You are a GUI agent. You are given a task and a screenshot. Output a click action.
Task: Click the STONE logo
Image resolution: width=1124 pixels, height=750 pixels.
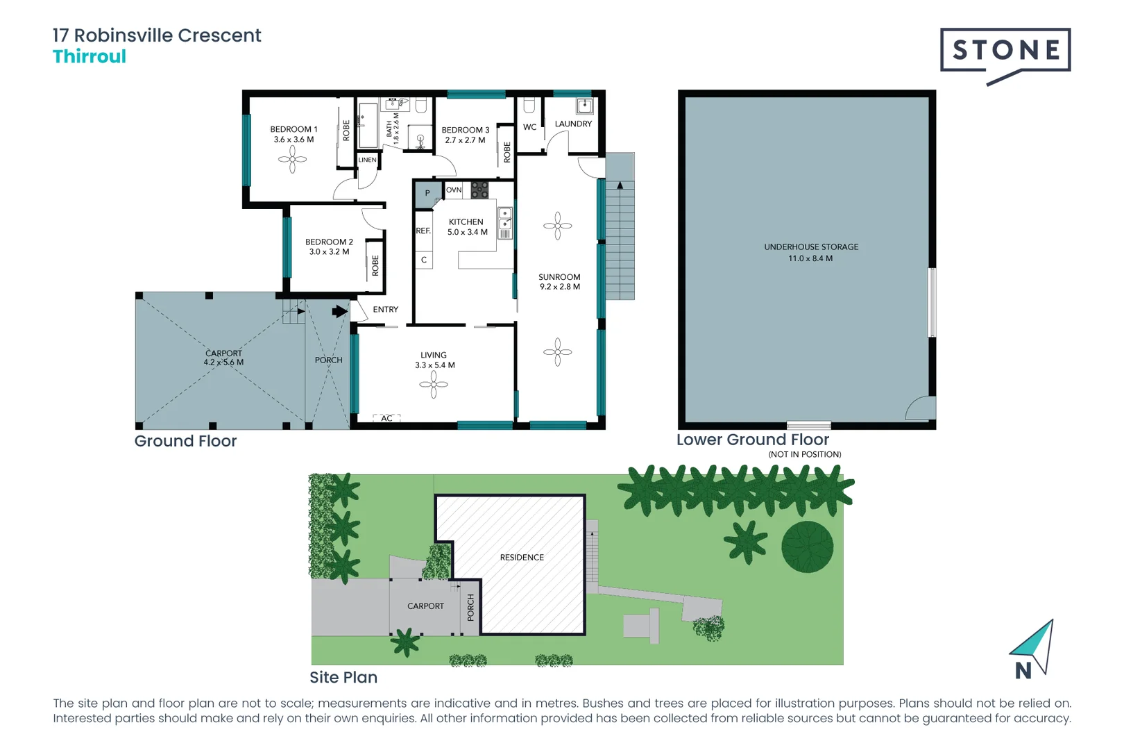coord(1005,51)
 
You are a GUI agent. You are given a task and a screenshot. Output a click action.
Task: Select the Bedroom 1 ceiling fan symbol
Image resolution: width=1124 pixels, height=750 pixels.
coord(292,160)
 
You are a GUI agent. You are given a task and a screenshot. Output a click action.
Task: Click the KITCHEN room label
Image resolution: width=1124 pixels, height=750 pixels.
coord(466,222)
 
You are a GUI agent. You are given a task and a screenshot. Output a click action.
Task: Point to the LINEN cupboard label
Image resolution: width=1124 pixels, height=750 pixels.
coord(367,160)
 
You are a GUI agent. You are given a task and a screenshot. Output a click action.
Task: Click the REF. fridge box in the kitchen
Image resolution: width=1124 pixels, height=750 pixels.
coord(423,231)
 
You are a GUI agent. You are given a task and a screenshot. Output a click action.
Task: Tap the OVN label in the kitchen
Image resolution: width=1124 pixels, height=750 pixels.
coord(454,190)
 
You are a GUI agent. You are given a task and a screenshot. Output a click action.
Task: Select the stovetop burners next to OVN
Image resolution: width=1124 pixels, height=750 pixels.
coord(479,190)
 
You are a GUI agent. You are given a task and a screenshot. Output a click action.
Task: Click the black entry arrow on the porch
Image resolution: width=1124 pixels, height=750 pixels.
coord(340,311)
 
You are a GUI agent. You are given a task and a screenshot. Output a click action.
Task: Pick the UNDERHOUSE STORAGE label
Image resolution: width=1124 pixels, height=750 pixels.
coord(811,247)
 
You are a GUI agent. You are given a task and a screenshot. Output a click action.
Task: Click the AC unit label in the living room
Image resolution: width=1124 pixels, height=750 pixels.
coord(386,418)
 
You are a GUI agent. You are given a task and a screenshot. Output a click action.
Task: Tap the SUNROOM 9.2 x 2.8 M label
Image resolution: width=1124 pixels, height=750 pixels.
coord(559,281)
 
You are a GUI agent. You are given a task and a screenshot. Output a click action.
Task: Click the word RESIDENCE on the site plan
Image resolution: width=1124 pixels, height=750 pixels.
coord(522,557)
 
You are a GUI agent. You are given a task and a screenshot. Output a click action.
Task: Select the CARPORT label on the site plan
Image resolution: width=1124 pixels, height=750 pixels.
coord(425,606)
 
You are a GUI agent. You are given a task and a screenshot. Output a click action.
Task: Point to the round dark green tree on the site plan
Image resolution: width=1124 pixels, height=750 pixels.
coord(808,547)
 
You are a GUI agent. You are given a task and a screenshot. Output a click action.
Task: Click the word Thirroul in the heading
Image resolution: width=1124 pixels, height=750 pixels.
coord(90,57)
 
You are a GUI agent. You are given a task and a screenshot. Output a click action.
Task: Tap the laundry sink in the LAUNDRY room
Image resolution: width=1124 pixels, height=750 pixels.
coord(585,106)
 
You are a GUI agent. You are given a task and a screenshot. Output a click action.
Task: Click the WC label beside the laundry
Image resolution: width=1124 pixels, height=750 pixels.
coord(529,127)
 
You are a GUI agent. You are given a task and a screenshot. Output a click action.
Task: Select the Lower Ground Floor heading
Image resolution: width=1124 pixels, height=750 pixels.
coord(753,440)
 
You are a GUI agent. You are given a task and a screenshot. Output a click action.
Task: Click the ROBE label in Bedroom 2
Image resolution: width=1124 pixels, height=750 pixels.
coord(375,265)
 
